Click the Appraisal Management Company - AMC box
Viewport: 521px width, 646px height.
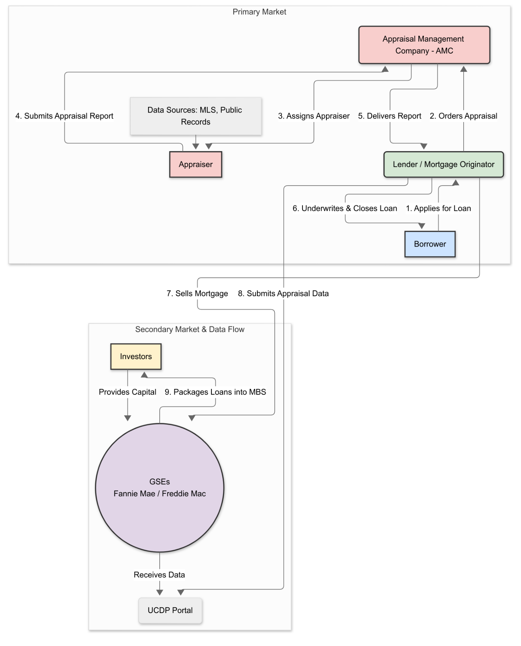pyautogui.click(x=424, y=45)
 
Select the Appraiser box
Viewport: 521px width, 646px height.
pyautogui.click(x=195, y=164)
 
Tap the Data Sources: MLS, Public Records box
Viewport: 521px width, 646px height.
pyautogui.click(x=195, y=116)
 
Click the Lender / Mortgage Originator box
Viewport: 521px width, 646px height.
pyautogui.click(x=443, y=164)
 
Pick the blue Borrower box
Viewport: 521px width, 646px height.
pyautogui.click(x=430, y=244)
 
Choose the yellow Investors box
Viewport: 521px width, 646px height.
pyautogui.click(x=136, y=357)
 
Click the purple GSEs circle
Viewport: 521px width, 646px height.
pyautogui.click(x=160, y=487)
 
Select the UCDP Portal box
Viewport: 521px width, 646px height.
pyautogui.click(x=170, y=611)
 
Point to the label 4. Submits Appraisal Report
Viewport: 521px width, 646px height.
pyautogui.click(x=64, y=116)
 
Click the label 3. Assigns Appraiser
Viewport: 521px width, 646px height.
pyautogui.click(x=314, y=116)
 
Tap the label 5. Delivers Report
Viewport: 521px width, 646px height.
pyautogui.click(x=389, y=116)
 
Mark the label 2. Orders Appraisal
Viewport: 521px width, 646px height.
pyautogui.click(x=463, y=116)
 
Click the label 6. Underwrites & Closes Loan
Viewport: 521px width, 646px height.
pyautogui.click(x=345, y=208)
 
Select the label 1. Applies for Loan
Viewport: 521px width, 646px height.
pyautogui.click(x=438, y=208)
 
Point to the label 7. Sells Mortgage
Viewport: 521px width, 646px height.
pyautogui.click(x=197, y=294)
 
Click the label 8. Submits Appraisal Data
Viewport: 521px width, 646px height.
pyautogui.click(x=283, y=294)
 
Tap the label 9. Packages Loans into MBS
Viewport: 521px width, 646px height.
pyautogui.click(x=215, y=392)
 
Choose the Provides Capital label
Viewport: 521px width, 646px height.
pyautogui.click(x=127, y=392)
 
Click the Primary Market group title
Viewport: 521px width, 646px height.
pyautogui.click(x=259, y=12)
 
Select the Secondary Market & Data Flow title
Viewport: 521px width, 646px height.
pyautogui.click(x=190, y=329)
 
